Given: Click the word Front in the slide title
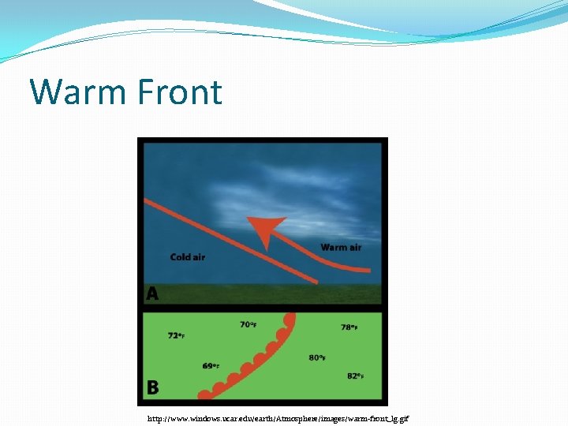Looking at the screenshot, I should [x=179, y=92].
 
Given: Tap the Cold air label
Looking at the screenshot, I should [x=188, y=257].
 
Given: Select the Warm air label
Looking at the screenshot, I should [x=341, y=248].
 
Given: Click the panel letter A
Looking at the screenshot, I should [x=152, y=293].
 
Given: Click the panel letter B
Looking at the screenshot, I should [x=152, y=387].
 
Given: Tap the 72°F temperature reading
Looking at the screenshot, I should [x=177, y=335].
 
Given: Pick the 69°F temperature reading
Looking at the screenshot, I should [x=211, y=366].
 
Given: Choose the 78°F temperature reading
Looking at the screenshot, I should [x=349, y=327].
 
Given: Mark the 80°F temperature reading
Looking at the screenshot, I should [x=316, y=358].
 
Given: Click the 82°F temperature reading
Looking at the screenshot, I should [x=355, y=376].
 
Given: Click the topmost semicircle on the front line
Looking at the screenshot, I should [x=291, y=320].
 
